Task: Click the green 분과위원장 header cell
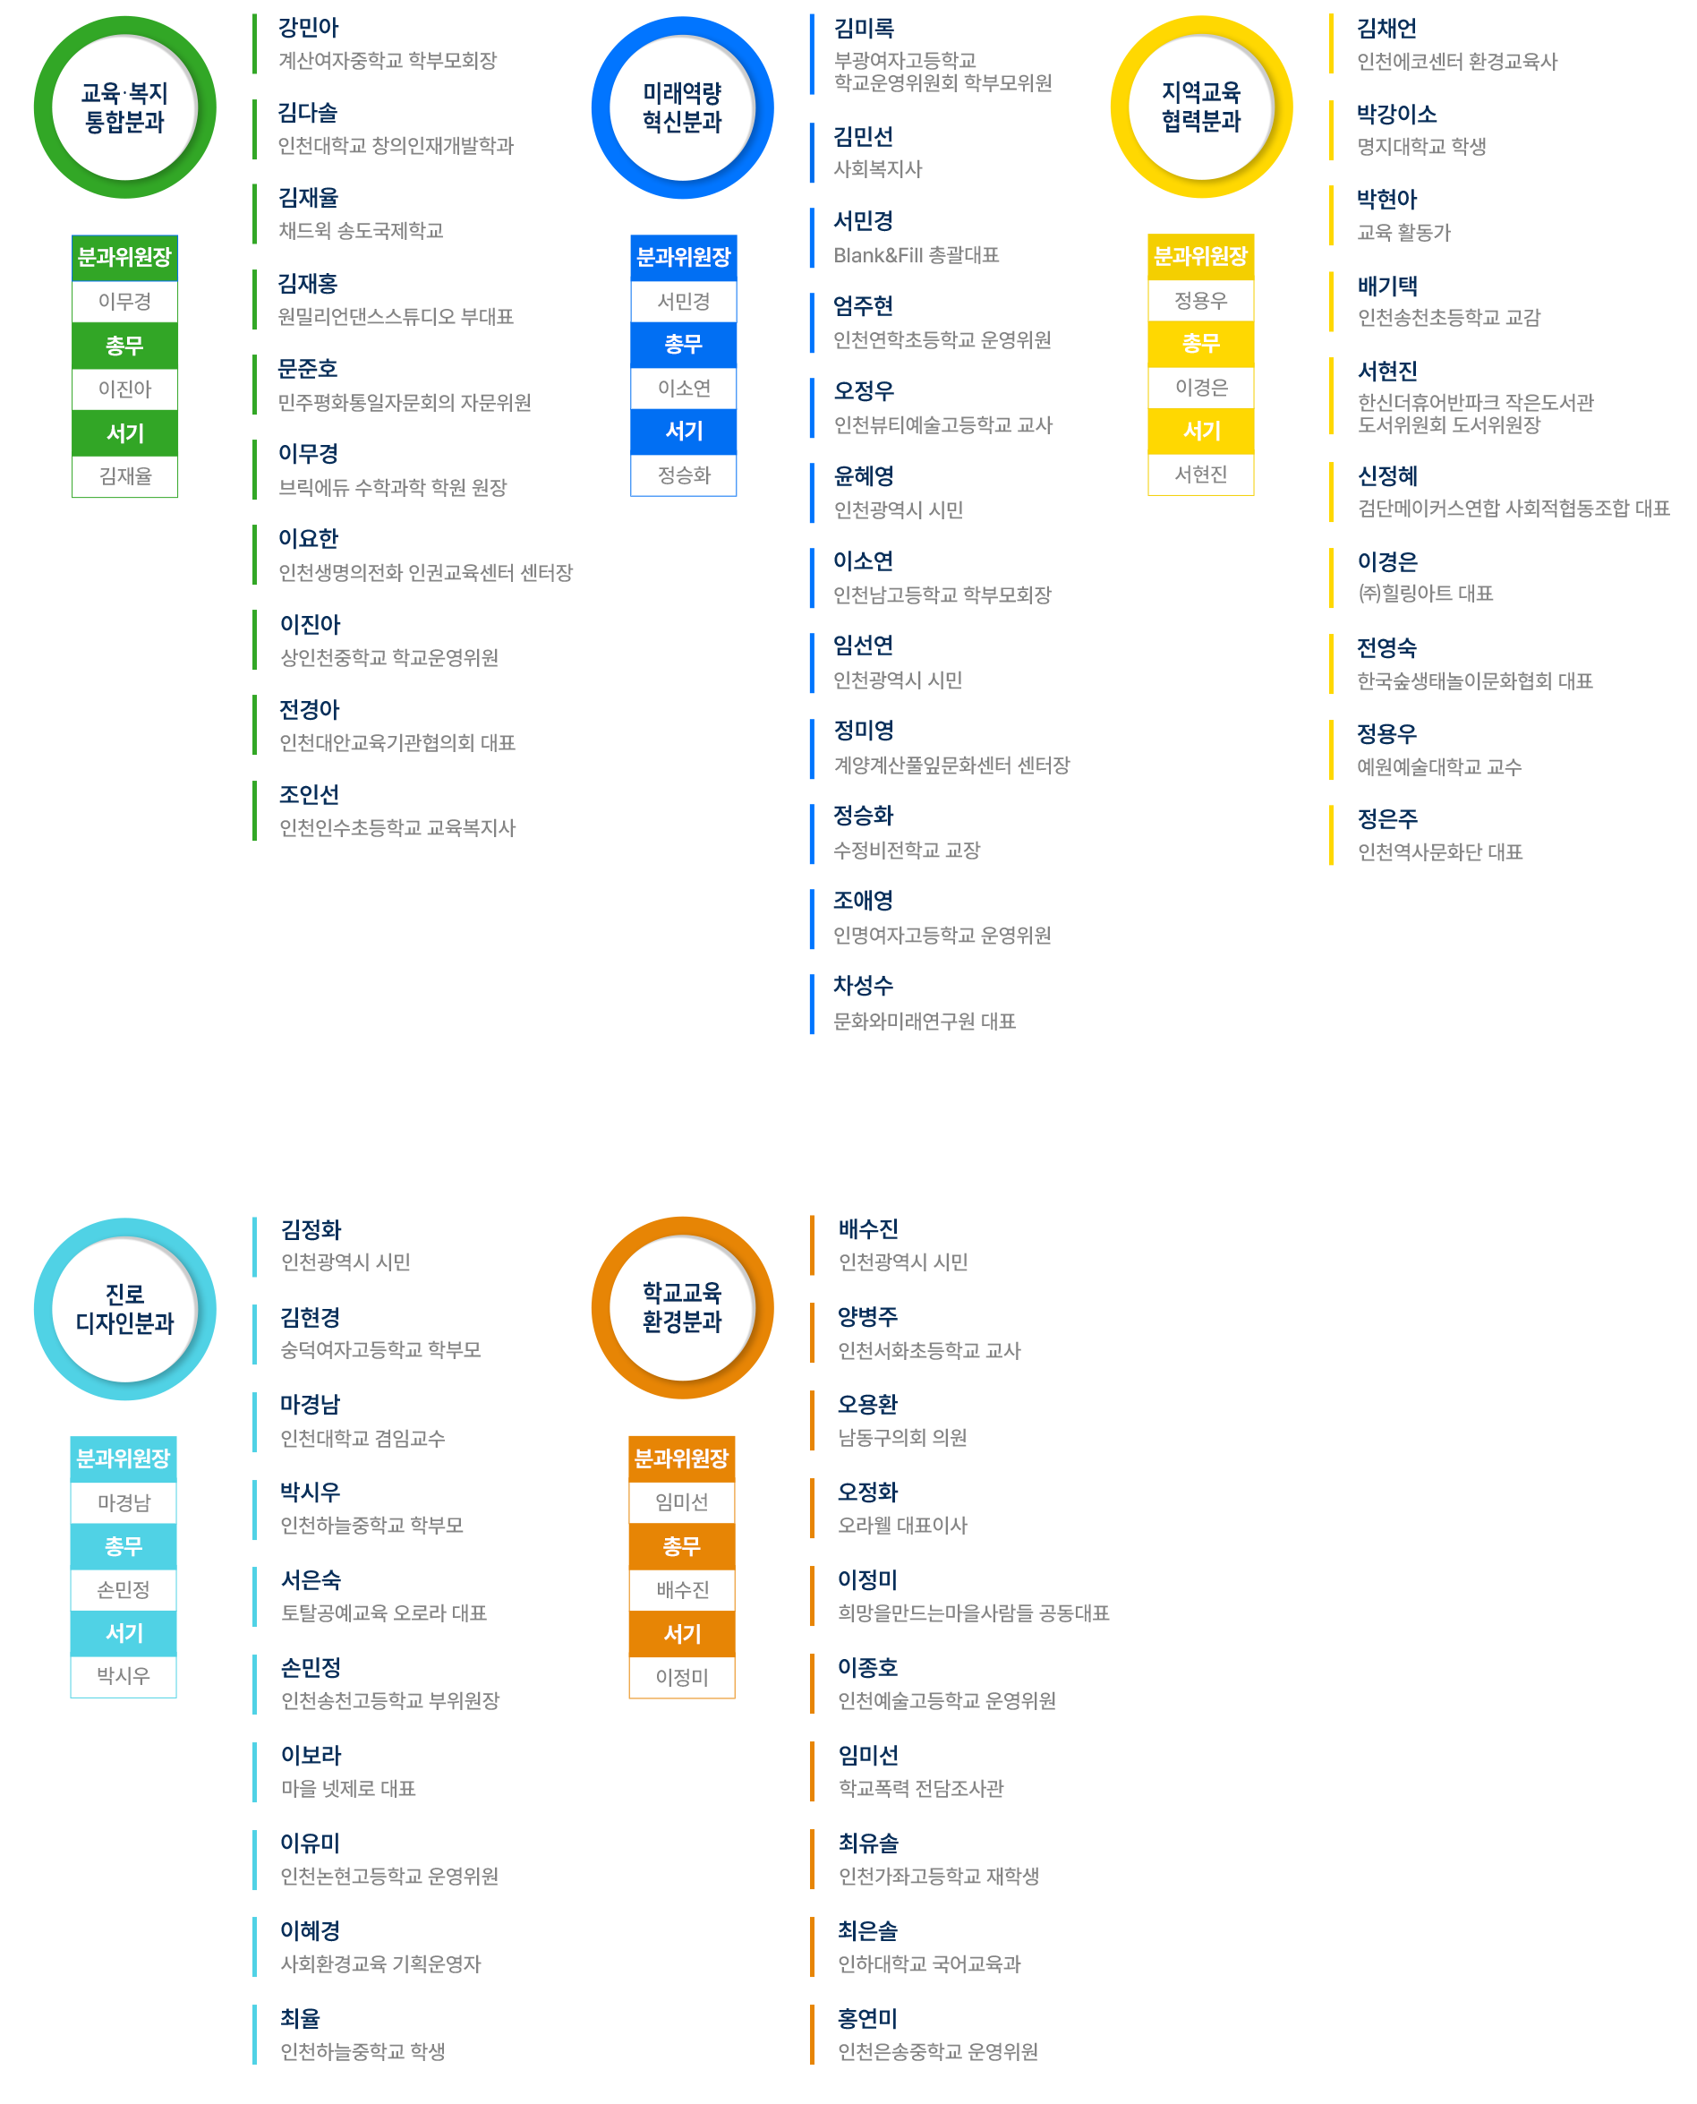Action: click(x=125, y=258)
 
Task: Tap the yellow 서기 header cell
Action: click(x=1201, y=430)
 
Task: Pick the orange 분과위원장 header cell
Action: click(x=682, y=1458)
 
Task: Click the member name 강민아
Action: click(x=309, y=29)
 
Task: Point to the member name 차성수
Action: click(x=863, y=986)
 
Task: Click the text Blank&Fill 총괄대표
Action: click(x=916, y=255)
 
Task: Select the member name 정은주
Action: click(x=1387, y=818)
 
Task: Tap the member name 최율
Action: click(x=300, y=2018)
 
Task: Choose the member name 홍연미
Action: click(x=868, y=2019)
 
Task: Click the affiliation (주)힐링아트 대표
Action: click(x=1425, y=594)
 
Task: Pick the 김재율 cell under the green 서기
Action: click(x=125, y=476)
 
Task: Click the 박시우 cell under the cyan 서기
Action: click(x=124, y=1676)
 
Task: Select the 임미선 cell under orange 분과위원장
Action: click(x=682, y=1502)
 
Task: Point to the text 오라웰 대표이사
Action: click(x=902, y=1526)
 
